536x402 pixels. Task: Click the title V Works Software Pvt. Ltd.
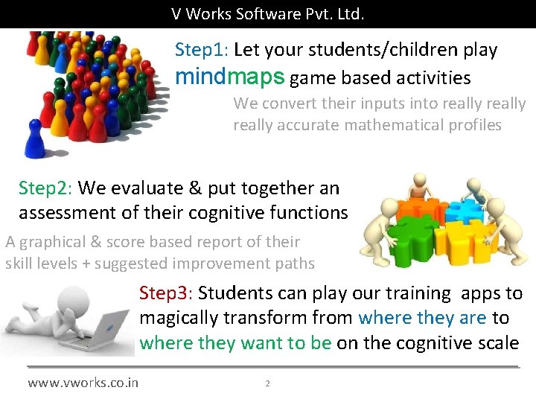pyautogui.click(x=267, y=13)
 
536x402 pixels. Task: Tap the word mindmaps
pyautogui.click(x=229, y=77)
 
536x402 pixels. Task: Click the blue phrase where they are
pyautogui.click(x=422, y=318)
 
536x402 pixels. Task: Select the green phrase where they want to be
pyautogui.click(x=235, y=343)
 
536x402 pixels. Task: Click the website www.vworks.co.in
pyautogui.click(x=83, y=383)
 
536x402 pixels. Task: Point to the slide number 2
pyautogui.click(x=267, y=383)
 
